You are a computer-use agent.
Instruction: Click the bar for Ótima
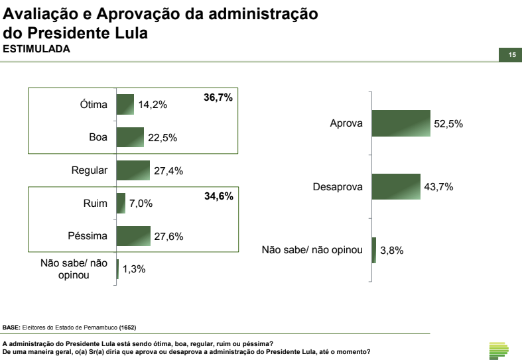click(125, 104)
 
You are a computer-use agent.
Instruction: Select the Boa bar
click(130, 137)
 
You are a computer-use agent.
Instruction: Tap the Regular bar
click(133, 170)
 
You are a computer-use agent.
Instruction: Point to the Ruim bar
click(121, 203)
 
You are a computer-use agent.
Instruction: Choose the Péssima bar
click(133, 236)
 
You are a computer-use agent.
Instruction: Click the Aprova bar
click(401, 123)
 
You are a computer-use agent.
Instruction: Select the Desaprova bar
click(396, 187)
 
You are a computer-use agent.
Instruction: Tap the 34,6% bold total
click(218, 197)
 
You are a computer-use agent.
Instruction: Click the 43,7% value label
click(438, 187)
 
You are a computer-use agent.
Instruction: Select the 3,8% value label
click(391, 251)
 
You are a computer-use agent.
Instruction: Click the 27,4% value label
click(168, 170)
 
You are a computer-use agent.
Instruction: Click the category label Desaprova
click(338, 187)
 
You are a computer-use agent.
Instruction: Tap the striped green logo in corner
click(497, 349)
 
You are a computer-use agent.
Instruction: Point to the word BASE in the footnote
click(11, 328)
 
